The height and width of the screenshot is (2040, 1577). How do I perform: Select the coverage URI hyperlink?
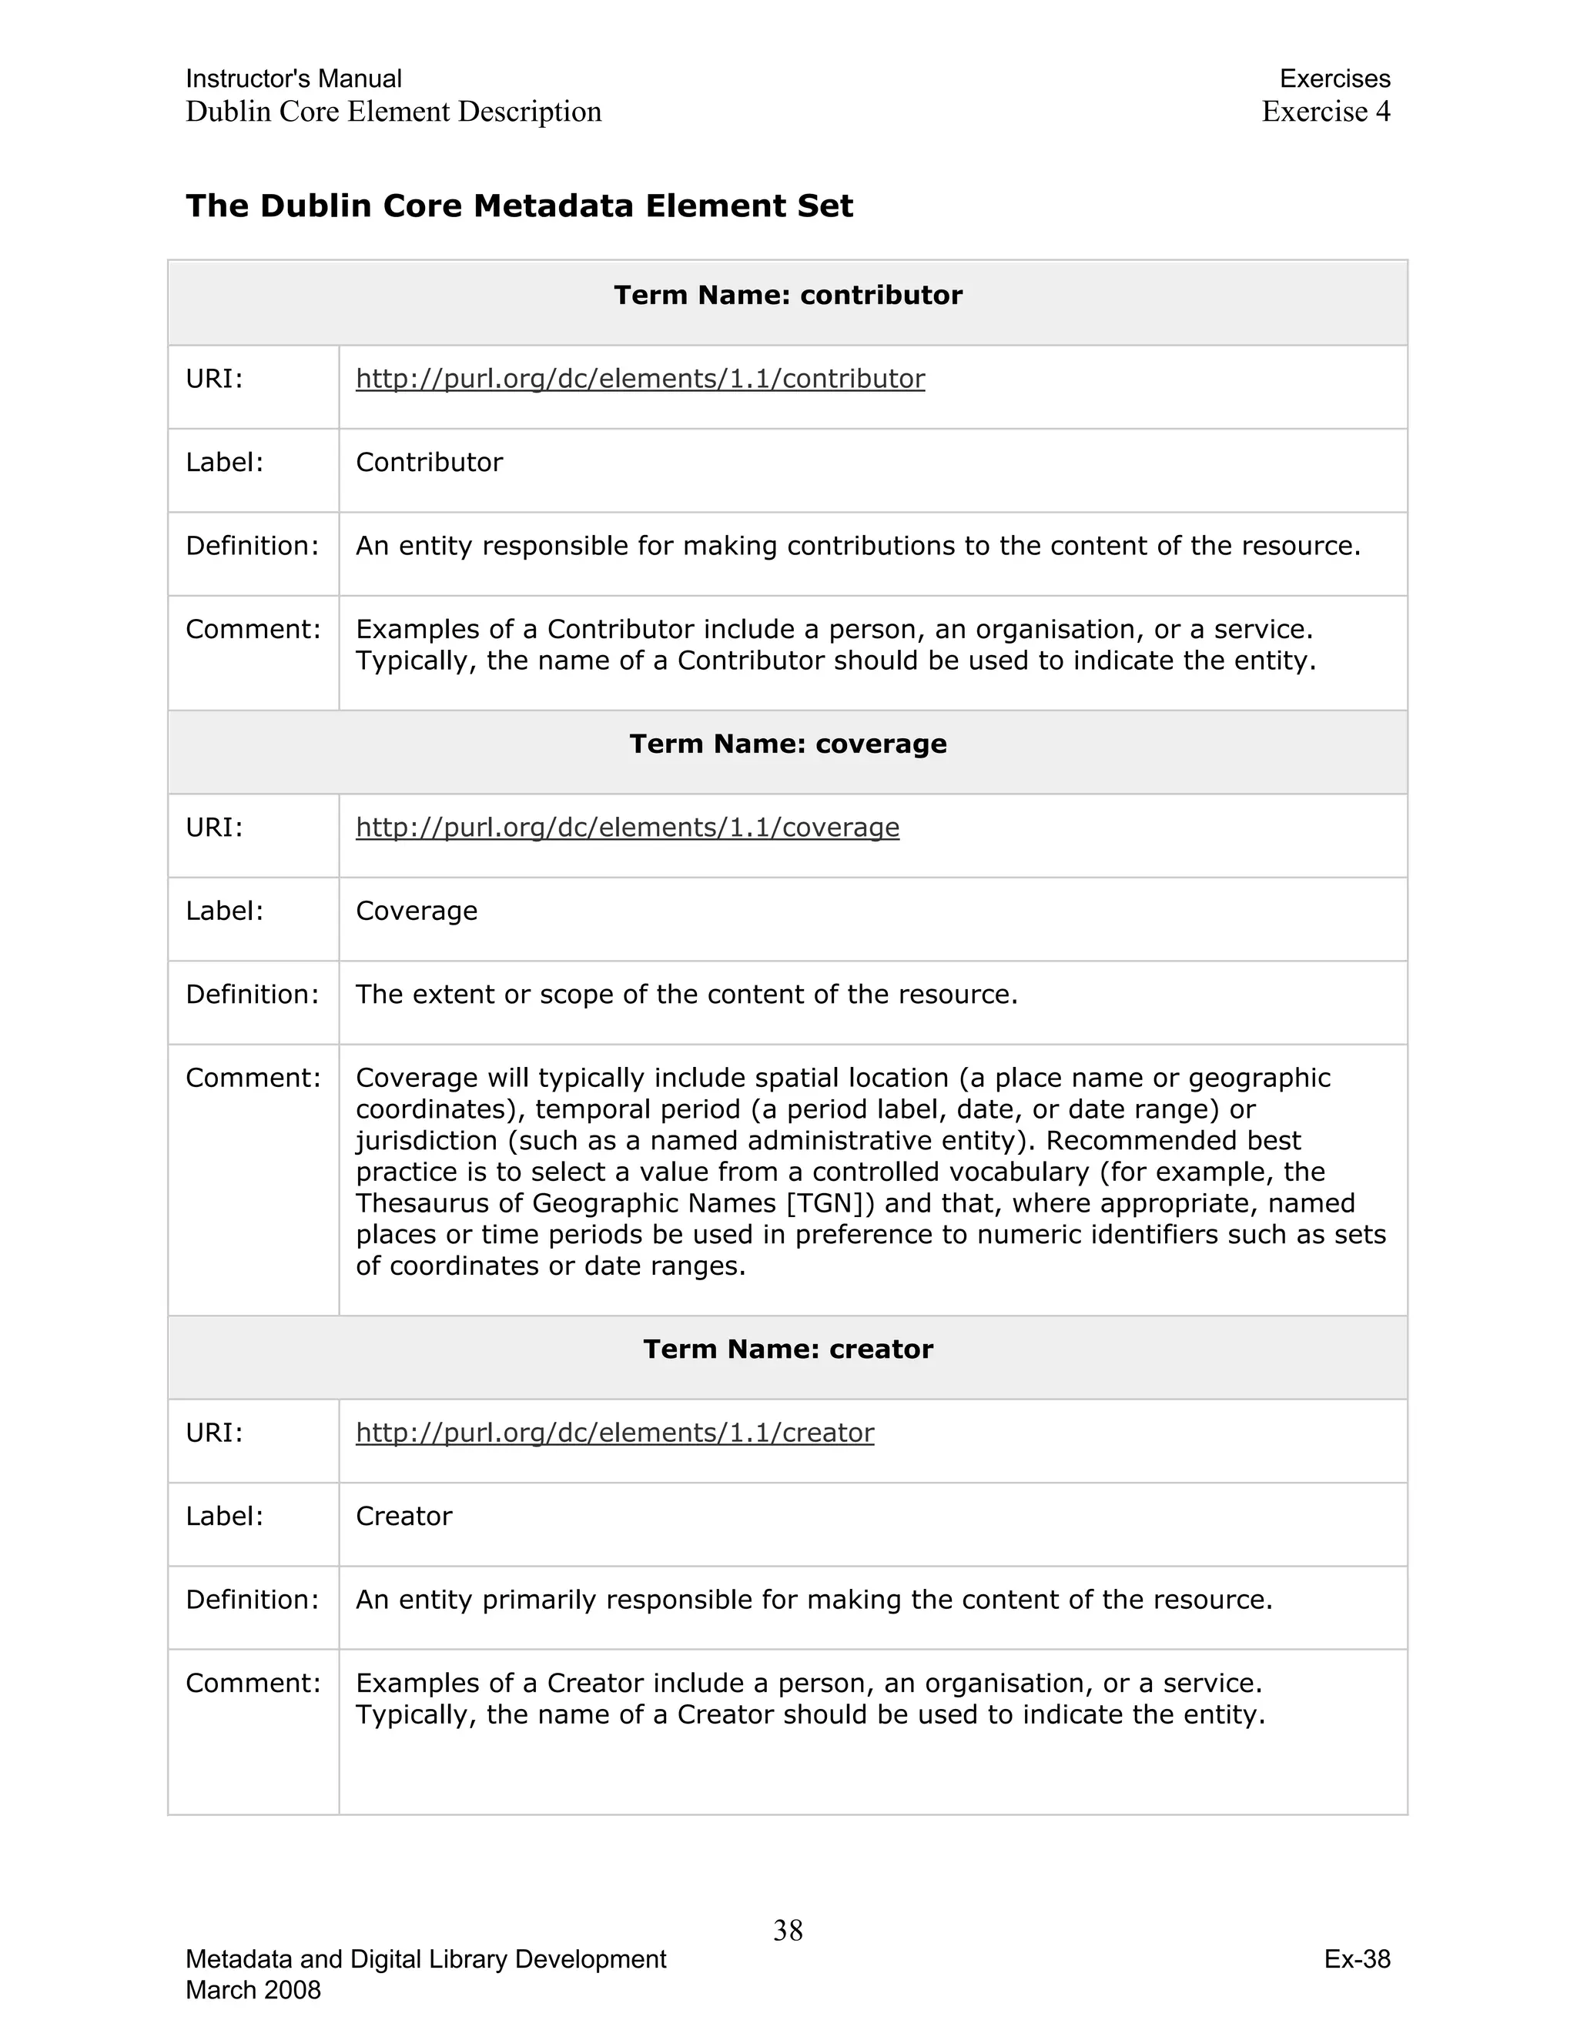pos(627,827)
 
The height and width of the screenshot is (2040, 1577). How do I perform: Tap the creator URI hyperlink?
pos(614,1432)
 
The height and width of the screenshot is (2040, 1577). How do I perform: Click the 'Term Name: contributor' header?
pos(788,295)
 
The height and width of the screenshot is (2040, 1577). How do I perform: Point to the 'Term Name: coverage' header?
pos(788,744)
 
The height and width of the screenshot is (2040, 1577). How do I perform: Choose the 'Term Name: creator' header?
pos(788,1349)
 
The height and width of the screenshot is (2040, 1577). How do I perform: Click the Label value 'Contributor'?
pos(429,463)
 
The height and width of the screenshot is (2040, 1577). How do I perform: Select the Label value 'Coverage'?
pos(417,911)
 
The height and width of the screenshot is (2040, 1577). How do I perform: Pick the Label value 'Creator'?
pos(403,1516)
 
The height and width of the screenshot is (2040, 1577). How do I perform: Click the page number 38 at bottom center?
pos(788,1930)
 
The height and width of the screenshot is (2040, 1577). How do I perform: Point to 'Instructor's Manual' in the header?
pos(293,79)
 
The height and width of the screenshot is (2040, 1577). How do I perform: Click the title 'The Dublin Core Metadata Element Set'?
pos(520,206)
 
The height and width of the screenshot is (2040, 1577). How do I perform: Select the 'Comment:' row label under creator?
pos(253,1683)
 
